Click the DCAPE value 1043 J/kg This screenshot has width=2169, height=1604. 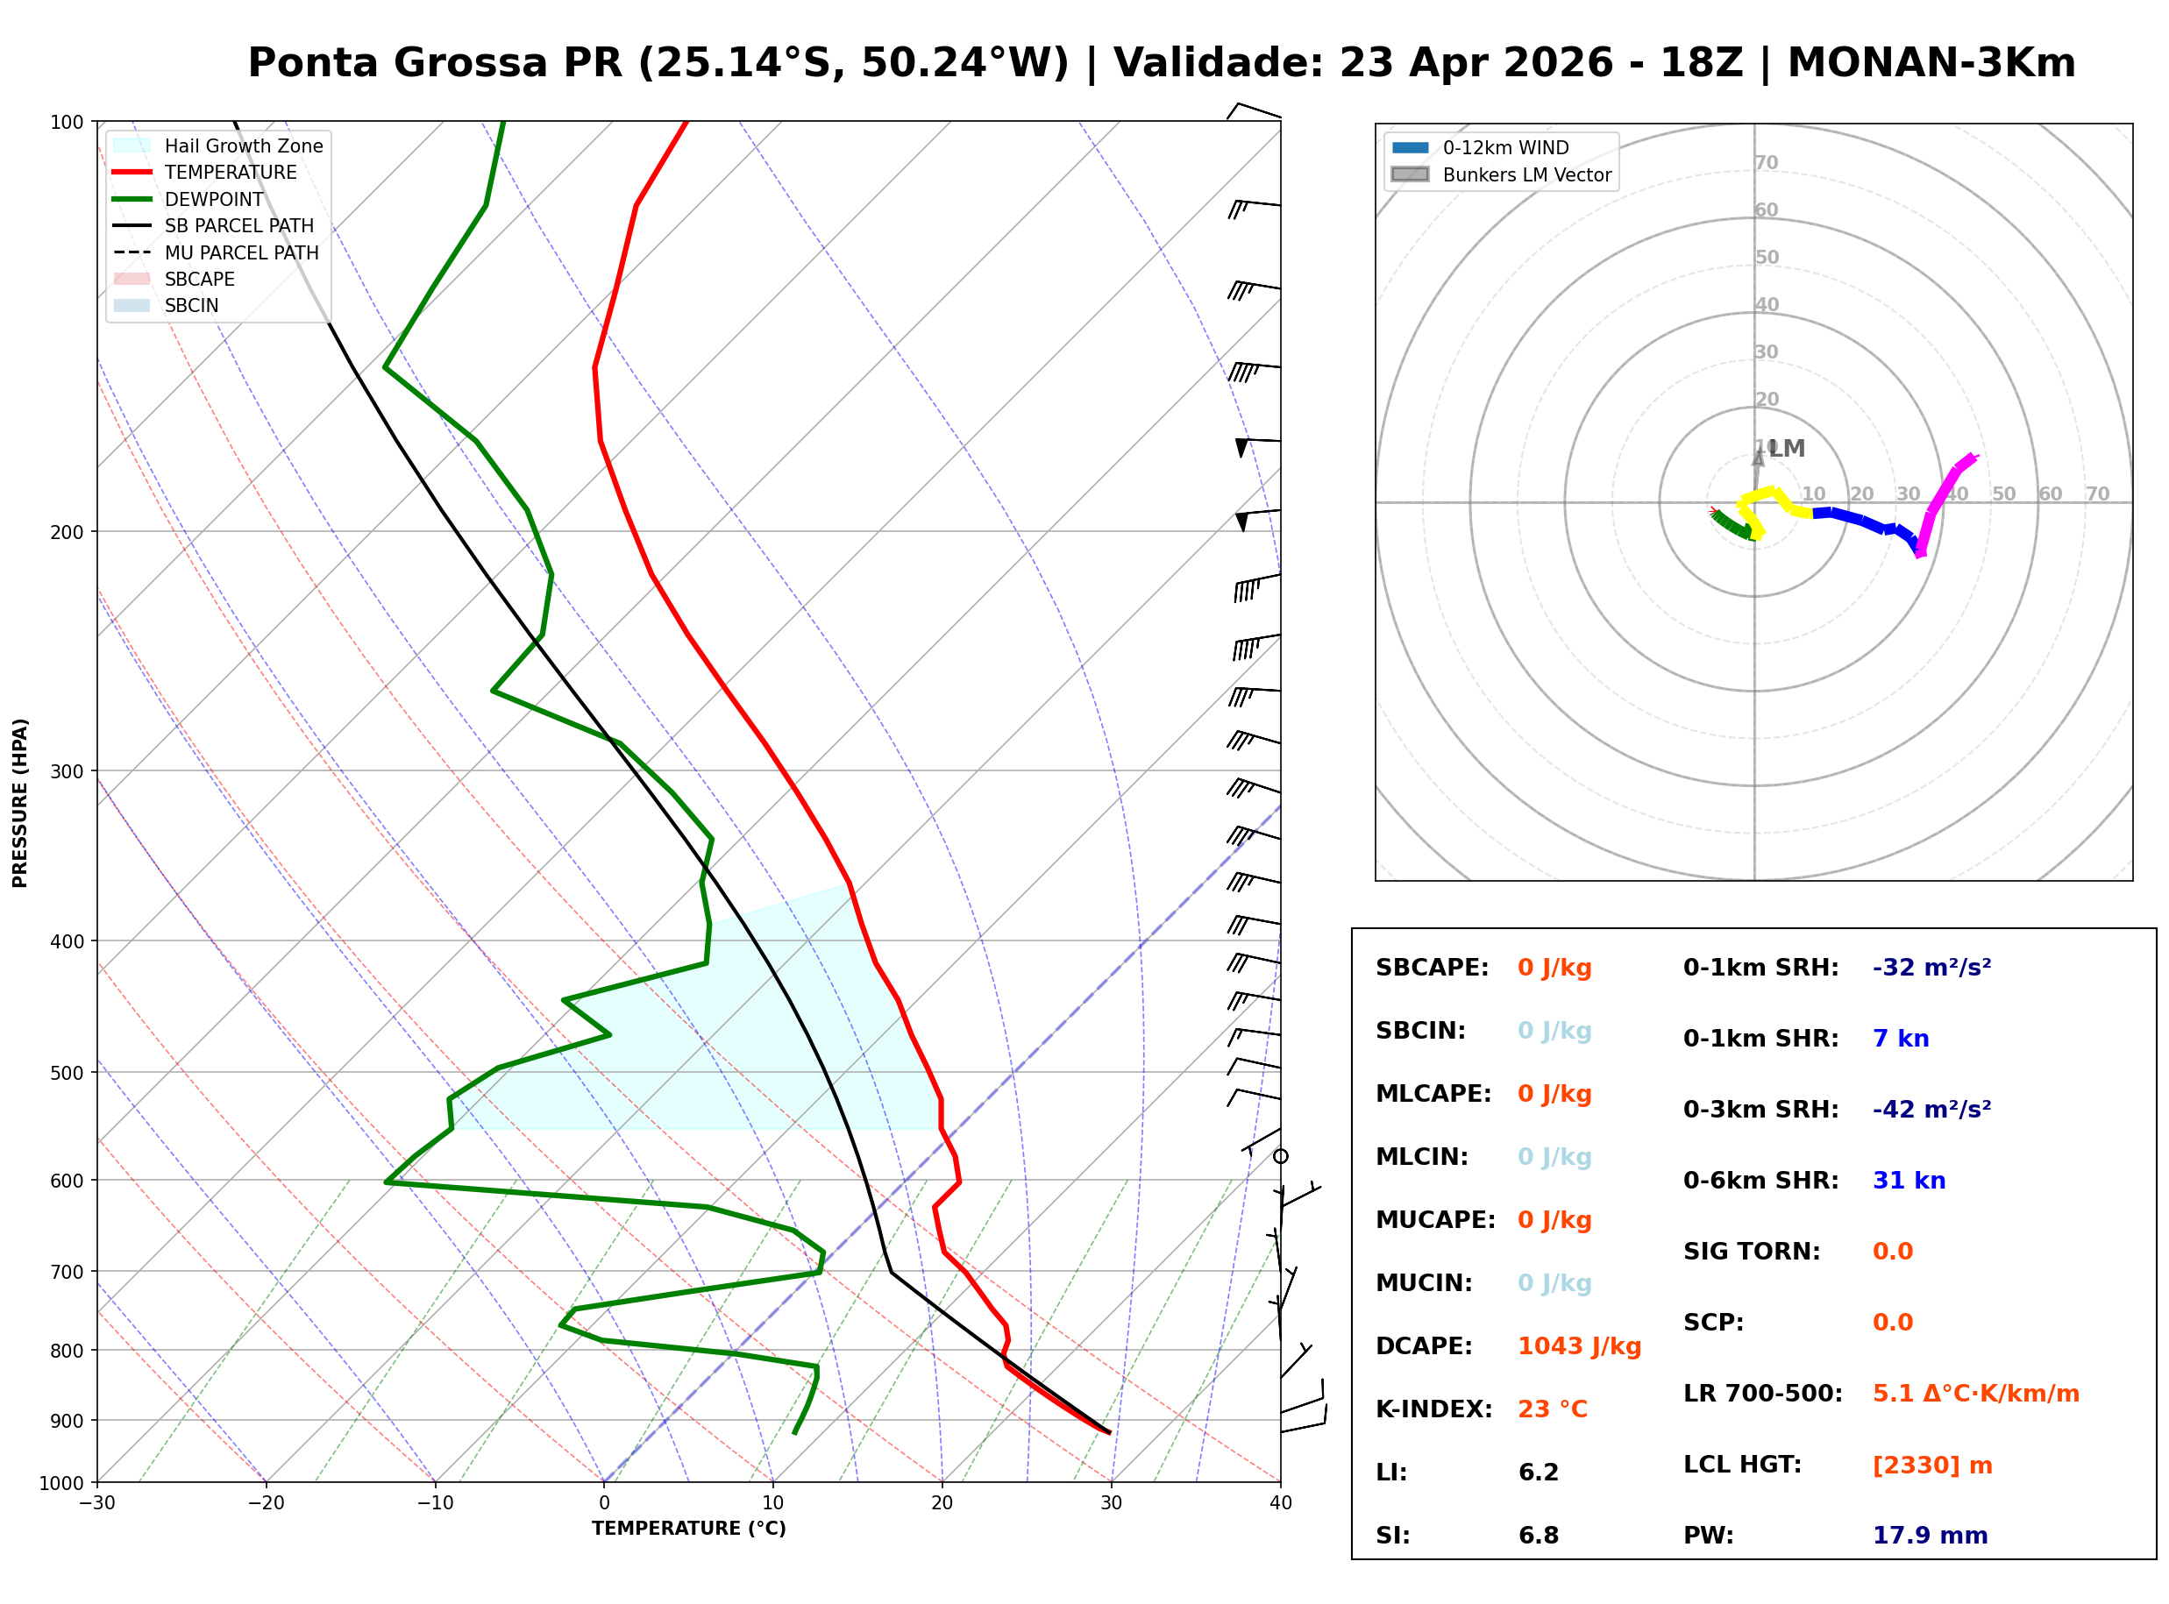click(1579, 1346)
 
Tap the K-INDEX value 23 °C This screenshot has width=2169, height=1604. click(1552, 1409)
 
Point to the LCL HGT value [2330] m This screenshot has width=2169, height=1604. click(1932, 1466)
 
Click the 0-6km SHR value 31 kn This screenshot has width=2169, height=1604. click(1909, 1181)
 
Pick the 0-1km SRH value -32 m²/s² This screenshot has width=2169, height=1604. click(1931, 968)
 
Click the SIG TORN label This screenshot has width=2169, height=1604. click(1752, 1252)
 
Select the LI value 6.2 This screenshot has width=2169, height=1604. click(1538, 1473)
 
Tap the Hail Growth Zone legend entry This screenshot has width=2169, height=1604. click(243, 145)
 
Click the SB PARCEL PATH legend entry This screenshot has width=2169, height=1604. click(238, 225)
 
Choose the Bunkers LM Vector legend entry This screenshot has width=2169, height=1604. click(1526, 174)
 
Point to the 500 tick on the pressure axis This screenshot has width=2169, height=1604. click(67, 1073)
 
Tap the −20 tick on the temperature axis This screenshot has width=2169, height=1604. click(265, 1503)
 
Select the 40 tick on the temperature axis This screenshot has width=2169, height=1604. click(1280, 1503)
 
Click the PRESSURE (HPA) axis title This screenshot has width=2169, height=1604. click(20, 803)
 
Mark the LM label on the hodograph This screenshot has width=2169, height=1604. click(1787, 449)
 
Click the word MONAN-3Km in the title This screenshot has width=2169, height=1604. click(1931, 63)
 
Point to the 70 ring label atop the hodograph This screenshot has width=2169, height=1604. click(1766, 162)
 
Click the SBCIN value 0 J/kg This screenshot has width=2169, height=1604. click(1554, 1031)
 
